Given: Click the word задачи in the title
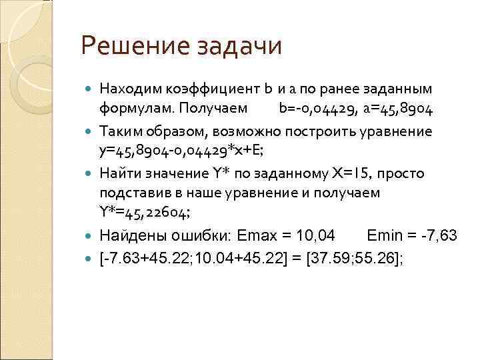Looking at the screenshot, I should (x=241, y=47).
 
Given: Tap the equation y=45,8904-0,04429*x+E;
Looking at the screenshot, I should (x=181, y=150).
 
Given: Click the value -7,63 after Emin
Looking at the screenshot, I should (x=440, y=235).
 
